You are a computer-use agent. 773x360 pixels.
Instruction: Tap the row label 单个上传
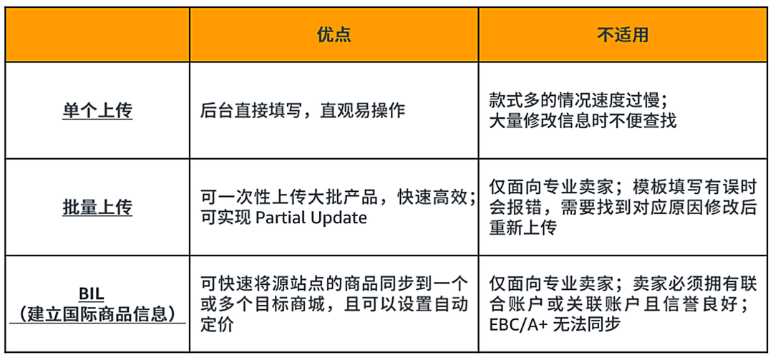pyautogui.click(x=97, y=111)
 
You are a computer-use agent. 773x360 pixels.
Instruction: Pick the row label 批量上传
pyautogui.click(x=97, y=208)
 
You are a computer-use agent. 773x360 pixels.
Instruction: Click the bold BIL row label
pyautogui.click(x=97, y=294)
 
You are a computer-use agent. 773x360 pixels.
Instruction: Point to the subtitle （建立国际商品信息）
pyautogui.click(x=97, y=313)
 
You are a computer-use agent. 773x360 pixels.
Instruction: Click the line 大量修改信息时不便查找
pyautogui.click(x=583, y=120)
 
